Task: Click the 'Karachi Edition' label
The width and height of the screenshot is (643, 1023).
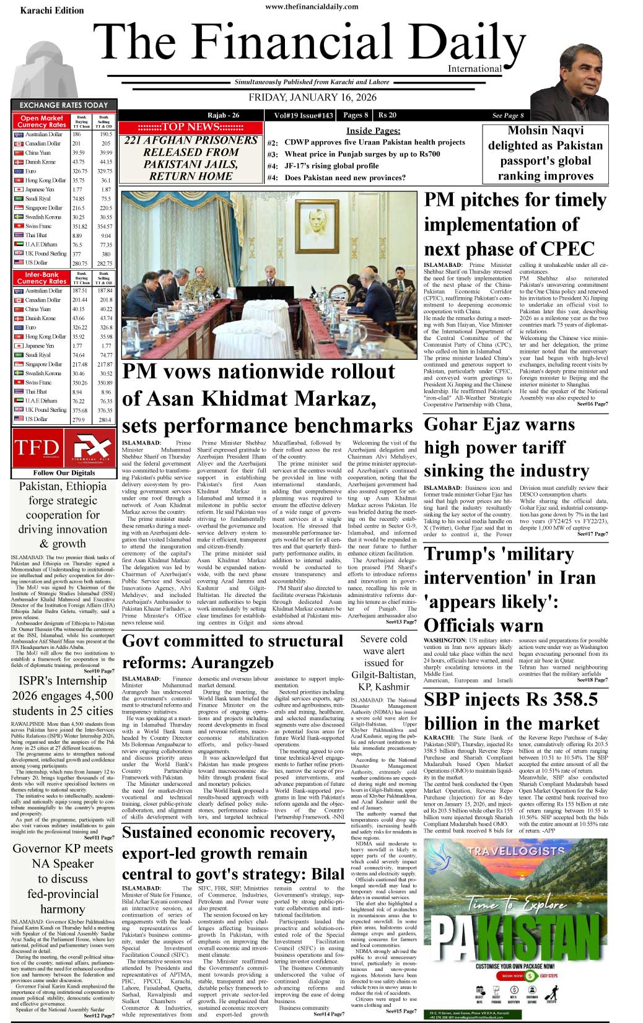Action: (x=52, y=11)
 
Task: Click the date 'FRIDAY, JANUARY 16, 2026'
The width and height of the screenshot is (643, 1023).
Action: (x=312, y=97)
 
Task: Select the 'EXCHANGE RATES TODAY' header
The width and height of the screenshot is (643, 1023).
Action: (x=63, y=105)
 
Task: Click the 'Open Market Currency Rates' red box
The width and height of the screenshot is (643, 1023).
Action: (x=42, y=121)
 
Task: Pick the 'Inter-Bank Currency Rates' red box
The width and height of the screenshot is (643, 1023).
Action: (x=42, y=277)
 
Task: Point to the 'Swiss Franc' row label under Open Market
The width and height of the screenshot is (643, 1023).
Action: (x=38, y=227)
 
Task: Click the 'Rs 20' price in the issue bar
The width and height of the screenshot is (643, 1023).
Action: (x=387, y=115)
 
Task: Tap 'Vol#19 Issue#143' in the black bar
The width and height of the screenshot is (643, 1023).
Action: (x=304, y=115)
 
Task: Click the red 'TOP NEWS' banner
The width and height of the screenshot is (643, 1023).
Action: (x=190, y=127)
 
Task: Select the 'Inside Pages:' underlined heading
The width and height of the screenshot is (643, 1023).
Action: (x=373, y=131)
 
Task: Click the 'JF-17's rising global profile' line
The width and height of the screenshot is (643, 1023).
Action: (x=331, y=166)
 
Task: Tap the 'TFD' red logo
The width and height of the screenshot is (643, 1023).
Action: (x=37, y=448)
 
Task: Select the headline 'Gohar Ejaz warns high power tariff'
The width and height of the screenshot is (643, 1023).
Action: (x=499, y=436)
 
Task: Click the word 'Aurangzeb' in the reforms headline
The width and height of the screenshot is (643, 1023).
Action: (x=232, y=663)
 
